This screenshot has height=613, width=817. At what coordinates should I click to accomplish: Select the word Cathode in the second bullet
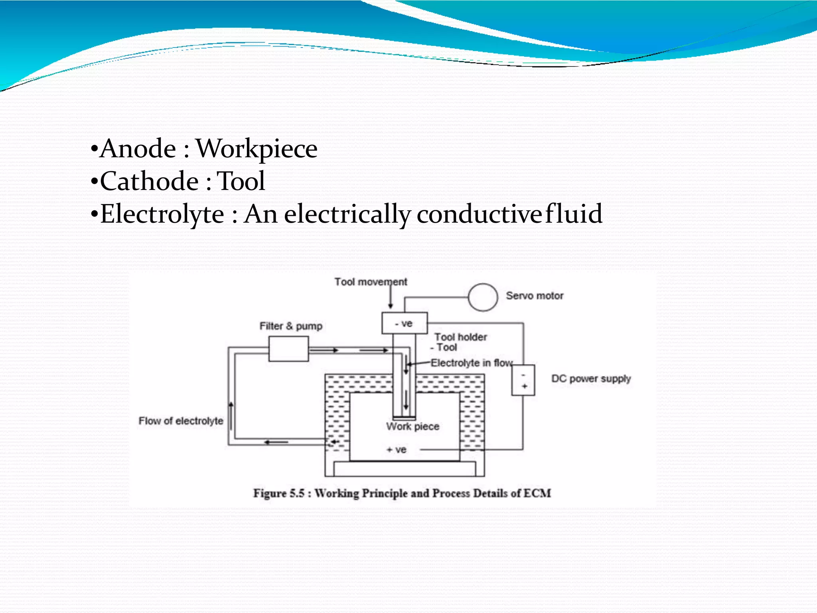click(149, 182)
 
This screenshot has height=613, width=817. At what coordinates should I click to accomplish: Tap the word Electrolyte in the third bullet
click(162, 214)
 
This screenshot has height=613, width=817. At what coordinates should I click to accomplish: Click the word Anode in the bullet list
click(138, 149)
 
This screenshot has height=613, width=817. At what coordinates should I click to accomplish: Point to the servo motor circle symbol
click(483, 297)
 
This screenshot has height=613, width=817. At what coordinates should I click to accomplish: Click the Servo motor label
click(535, 296)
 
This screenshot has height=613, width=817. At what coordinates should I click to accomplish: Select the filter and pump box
click(288, 349)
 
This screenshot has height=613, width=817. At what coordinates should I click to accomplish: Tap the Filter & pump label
click(291, 326)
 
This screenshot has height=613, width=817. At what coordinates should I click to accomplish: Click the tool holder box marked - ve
click(405, 323)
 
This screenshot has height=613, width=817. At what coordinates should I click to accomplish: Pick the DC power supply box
click(523, 380)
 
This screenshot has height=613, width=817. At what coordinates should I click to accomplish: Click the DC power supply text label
click(591, 378)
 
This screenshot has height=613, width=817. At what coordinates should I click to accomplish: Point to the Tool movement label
click(371, 282)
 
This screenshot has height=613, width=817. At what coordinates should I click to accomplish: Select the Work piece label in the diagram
click(413, 426)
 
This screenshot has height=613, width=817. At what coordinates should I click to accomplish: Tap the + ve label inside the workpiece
click(397, 450)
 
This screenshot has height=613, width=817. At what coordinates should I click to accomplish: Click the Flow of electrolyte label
click(181, 421)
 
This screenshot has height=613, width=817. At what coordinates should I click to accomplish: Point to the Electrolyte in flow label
click(472, 363)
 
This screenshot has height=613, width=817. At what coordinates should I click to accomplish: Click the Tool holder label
click(461, 337)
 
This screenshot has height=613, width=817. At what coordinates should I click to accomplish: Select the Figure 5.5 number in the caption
click(297, 493)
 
